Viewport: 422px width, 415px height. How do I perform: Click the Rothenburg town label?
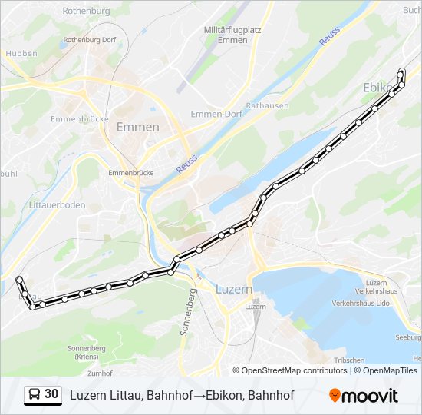coord(86,12)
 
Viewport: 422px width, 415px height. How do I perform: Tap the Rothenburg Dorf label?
coord(88,39)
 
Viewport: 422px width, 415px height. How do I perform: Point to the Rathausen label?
coord(268,105)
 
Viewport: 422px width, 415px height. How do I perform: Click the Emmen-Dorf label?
coord(216,114)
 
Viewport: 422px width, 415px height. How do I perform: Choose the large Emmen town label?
coord(138,127)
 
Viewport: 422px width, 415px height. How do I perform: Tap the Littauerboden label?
coord(57,205)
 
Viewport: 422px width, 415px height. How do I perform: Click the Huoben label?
coord(21,54)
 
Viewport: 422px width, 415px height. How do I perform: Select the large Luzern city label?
coord(234,290)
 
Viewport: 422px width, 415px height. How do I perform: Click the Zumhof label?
coord(100,373)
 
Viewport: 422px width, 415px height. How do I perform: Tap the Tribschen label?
coord(349,360)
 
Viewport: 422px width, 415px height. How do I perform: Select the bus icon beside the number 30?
coord(35,395)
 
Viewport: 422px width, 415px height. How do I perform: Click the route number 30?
coord(51,394)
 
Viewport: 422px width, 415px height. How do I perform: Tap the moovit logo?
coord(364,396)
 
